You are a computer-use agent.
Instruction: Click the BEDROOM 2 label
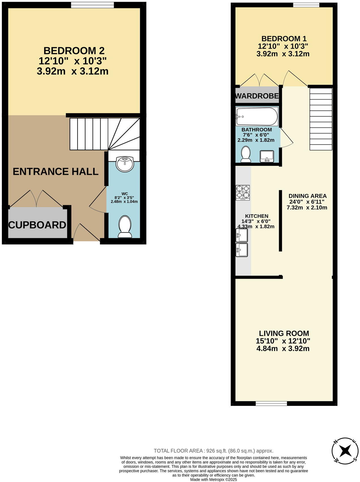[x=74, y=51]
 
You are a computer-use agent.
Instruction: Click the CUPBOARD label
[x=37, y=225]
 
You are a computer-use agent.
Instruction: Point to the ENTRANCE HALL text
[x=55, y=172]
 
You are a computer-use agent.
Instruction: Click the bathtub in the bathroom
[x=257, y=116]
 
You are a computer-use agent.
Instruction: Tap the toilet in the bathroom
[x=246, y=154]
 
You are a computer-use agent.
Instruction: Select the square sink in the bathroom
[x=267, y=156]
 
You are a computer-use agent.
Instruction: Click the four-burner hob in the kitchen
[x=243, y=193]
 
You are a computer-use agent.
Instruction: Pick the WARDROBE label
[x=257, y=96]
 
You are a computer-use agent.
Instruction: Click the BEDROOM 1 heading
[x=284, y=39]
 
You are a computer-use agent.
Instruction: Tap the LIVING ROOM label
[x=284, y=333]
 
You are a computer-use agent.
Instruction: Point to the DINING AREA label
[x=307, y=196]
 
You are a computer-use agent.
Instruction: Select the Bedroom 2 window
[x=92, y=5]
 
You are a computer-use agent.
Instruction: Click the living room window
[x=271, y=403]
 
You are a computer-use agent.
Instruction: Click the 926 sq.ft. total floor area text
[x=213, y=451]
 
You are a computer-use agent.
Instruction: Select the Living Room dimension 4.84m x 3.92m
[x=283, y=349]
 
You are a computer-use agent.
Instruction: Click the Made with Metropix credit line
[x=213, y=479]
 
